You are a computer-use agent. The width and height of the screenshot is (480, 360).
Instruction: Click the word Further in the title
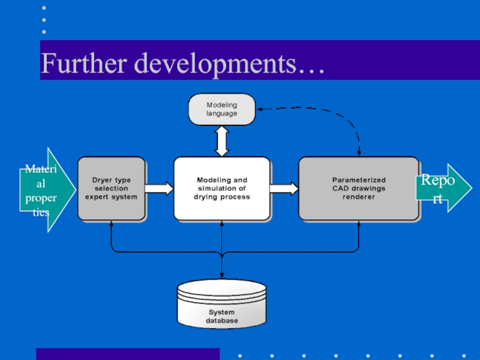pyautogui.click(x=83, y=63)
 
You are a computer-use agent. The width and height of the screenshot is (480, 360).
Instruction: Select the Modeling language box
pyautogui.click(x=221, y=109)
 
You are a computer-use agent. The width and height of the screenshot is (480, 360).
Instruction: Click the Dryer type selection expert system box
pyautogui.click(x=112, y=188)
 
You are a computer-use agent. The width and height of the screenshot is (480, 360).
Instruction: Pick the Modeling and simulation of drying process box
pyautogui.click(x=222, y=188)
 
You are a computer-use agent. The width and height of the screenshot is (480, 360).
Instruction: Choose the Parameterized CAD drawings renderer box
pyautogui.click(x=359, y=188)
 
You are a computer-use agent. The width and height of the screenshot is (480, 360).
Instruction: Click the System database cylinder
pyautogui.click(x=221, y=304)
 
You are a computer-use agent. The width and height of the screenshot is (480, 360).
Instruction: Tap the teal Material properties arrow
pyautogui.click(x=47, y=190)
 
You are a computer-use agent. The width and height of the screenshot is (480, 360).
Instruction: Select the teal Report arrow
pyautogui.click(x=444, y=188)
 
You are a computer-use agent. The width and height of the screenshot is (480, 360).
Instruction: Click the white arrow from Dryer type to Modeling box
pyautogui.click(x=159, y=188)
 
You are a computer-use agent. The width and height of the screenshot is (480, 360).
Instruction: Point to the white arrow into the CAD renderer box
pyautogui.click(x=284, y=188)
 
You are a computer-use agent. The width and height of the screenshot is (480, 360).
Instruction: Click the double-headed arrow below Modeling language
pyautogui.click(x=221, y=141)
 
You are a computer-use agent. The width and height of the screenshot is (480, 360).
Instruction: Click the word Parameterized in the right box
pyautogui.click(x=359, y=180)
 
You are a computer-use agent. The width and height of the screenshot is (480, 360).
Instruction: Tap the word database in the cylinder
pyautogui.click(x=221, y=320)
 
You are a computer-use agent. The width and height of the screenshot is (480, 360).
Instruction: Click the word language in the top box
pyautogui.click(x=221, y=113)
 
